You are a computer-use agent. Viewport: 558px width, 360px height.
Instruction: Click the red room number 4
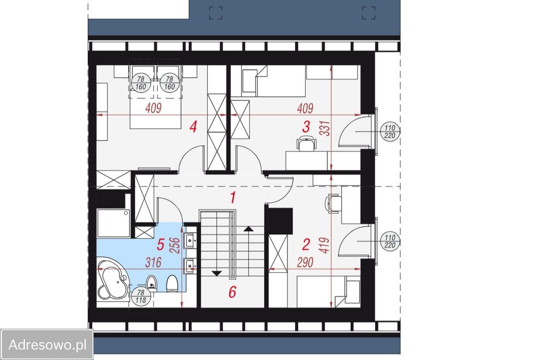pos(193,127)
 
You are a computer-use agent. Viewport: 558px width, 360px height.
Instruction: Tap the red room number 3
pos(306,127)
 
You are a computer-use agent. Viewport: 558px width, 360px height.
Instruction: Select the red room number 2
pos(306,244)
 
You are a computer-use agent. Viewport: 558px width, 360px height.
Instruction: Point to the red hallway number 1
pos(233,198)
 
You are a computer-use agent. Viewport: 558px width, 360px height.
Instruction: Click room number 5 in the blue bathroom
pos(161,244)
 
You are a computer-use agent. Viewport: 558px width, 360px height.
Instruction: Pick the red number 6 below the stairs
pos(232,292)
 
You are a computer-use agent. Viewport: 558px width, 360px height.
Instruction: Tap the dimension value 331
pos(325,129)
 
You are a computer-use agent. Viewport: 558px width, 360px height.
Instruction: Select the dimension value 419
pos(325,246)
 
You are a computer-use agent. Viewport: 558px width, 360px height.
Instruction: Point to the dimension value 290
pos(305,263)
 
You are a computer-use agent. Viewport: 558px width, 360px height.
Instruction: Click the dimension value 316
pos(153,263)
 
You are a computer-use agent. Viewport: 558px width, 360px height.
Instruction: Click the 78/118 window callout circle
pos(141,296)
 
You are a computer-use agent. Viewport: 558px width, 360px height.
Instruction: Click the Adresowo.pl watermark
pos(47,345)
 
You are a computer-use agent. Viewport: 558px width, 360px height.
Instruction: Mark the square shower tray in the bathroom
pos(114,223)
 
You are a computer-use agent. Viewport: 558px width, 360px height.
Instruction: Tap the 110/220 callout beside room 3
pos(390,132)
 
